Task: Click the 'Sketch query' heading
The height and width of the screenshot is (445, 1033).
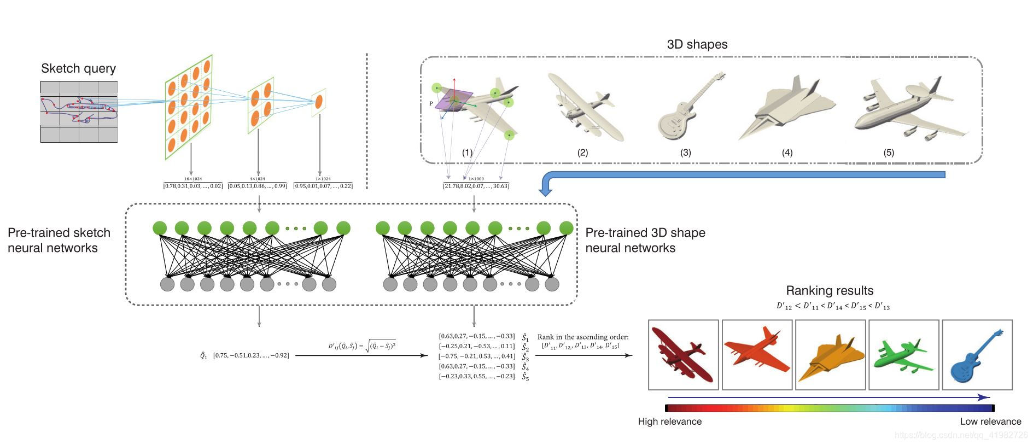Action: click(78, 68)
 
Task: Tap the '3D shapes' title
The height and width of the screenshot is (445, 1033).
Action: click(697, 44)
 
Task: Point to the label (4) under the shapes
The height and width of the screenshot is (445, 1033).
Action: click(787, 153)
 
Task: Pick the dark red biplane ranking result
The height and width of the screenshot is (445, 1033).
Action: click(682, 355)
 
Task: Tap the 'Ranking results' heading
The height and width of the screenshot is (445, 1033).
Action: click(829, 290)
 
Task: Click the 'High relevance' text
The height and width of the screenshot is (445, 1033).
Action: click(669, 421)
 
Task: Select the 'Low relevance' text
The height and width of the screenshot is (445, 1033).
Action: click(990, 421)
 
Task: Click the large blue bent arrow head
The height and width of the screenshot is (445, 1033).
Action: click(545, 190)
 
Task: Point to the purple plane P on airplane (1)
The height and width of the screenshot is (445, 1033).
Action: click(453, 101)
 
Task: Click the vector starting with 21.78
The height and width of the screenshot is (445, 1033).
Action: click(476, 186)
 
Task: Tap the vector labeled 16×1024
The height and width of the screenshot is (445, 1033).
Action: click(192, 186)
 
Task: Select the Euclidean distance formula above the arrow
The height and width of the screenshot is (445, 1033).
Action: click(361, 346)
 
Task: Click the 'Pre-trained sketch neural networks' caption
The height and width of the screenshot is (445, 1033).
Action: click(59, 240)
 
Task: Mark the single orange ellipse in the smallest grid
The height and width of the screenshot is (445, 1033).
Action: click(319, 101)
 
